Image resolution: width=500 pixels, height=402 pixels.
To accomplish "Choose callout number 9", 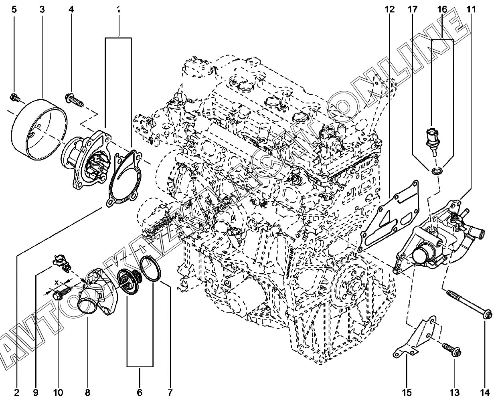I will click(36, 392).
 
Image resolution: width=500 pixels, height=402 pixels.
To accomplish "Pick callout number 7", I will click(170, 392).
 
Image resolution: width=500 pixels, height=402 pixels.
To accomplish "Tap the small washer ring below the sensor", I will click(436, 172).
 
